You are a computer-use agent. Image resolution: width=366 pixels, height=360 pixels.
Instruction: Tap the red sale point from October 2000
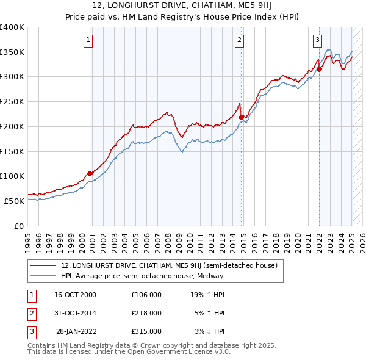(x=90, y=173)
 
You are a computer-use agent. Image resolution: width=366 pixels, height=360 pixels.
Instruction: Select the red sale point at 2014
(x=241, y=117)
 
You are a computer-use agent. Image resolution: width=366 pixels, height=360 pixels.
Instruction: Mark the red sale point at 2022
(x=319, y=69)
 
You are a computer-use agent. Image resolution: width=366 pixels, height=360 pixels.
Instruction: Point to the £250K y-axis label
(x=12, y=101)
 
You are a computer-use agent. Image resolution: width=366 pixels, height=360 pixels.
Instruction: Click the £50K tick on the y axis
(x=15, y=201)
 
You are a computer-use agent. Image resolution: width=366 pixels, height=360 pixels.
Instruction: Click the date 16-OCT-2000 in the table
(x=75, y=295)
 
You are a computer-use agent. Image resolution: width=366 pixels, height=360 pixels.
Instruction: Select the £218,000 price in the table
(x=146, y=313)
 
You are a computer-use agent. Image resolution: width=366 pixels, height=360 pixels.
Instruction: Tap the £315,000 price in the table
(x=146, y=331)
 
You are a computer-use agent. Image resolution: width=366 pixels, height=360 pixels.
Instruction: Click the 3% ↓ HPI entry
(x=210, y=331)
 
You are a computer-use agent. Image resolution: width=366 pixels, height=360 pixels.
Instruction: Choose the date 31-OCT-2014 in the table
(x=75, y=313)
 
